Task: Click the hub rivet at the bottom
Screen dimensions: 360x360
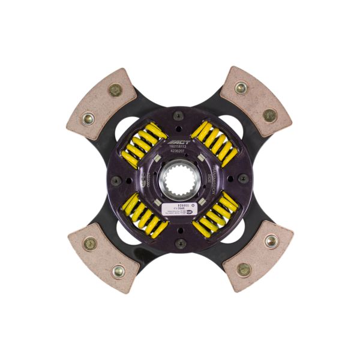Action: (179, 243)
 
